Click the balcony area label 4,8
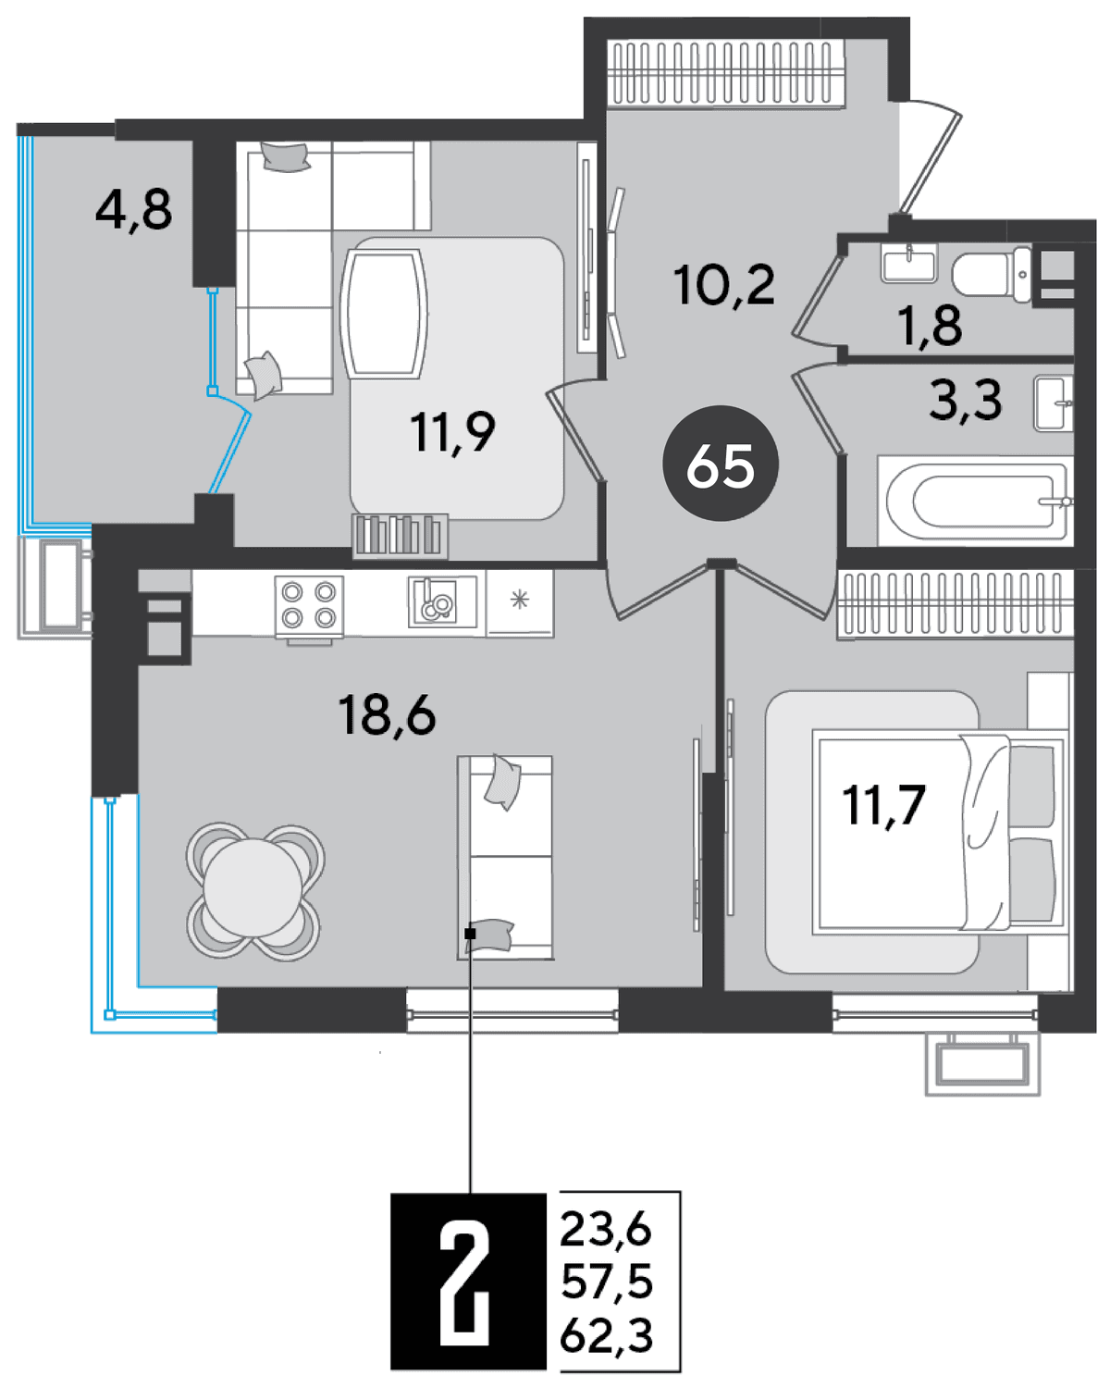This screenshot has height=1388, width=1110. coord(133,210)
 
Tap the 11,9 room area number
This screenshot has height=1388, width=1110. coord(452,432)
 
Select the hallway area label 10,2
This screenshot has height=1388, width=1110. coord(723,285)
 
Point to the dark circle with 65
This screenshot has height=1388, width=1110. coord(721,463)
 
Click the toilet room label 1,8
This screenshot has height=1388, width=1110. coord(929,325)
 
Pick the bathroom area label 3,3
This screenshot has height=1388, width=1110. coord(965,401)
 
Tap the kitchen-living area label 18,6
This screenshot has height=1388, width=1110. coord(387,714)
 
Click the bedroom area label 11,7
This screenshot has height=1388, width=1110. coord(883,806)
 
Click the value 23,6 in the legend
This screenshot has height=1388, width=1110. coord(606,1230)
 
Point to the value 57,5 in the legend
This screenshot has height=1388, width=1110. coord(607,1282)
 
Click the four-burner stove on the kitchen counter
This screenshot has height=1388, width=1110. coord(309,606)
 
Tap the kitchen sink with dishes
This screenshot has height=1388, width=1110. coord(442,601)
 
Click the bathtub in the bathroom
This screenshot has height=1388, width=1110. coord(975,502)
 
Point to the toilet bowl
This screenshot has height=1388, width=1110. coord(992,275)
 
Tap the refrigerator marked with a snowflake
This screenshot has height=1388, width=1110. coord(520,602)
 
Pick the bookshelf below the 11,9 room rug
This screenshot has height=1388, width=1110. coord(400,535)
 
